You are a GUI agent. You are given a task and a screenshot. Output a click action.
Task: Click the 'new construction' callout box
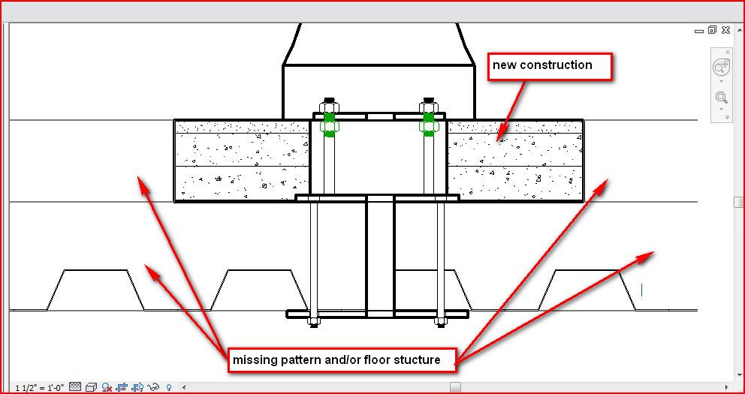coord(550,66)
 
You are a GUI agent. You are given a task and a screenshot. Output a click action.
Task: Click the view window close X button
coord(725,31)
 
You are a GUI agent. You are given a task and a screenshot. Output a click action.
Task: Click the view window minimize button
coord(699,31)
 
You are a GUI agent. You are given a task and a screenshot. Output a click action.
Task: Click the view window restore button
coord(712,31)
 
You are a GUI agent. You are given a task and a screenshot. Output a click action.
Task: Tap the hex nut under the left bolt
coord(314,322)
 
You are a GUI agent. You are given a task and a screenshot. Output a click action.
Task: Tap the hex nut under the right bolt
coord(440,322)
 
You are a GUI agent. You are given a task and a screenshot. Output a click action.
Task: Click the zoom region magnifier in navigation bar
coord(721,98)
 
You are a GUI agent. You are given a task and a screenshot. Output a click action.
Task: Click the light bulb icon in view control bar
coord(169,387)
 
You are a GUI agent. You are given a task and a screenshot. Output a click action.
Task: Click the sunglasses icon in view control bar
coord(154,387)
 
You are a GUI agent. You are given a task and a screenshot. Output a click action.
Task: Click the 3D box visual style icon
coord(91,387)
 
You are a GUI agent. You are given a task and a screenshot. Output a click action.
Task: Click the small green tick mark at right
coord(642,288)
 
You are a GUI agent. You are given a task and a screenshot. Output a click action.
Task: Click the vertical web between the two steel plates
coord(379,255)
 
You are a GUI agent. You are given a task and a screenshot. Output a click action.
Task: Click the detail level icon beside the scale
coord(75,387)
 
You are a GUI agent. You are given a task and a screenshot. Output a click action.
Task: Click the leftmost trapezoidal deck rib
coord(95,289)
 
